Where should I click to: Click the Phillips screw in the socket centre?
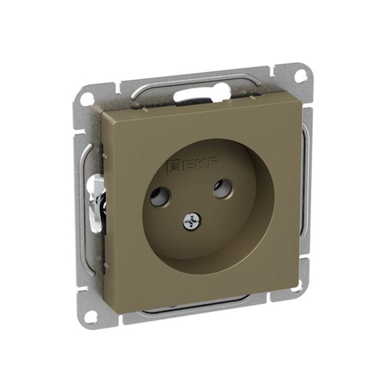tap(192, 221)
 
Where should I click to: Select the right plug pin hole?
tap(222, 188)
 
